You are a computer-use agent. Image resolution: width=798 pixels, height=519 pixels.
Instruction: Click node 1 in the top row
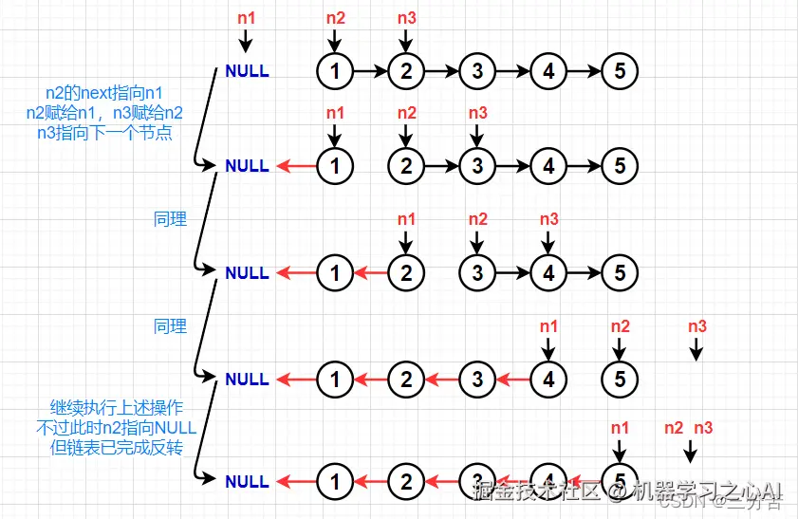coord(334,70)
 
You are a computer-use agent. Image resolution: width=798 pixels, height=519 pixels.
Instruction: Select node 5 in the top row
coord(620,70)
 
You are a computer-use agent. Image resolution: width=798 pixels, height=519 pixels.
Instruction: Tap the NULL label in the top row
coord(247,71)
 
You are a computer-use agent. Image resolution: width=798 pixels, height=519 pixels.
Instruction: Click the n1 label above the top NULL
coord(246,17)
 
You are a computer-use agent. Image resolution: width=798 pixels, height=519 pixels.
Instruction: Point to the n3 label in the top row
coord(406,17)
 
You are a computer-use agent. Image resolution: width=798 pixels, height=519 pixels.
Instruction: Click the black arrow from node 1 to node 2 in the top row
coord(370,70)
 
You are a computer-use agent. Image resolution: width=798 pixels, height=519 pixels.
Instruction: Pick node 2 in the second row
coord(406,166)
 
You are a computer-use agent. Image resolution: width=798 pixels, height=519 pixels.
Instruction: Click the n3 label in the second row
coord(477,113)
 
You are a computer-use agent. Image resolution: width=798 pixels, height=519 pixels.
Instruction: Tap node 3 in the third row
coord(477,273)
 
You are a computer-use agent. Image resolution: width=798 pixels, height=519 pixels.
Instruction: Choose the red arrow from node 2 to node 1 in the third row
coord(370,273)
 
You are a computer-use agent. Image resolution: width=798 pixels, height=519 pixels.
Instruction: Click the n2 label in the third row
coord(477,220)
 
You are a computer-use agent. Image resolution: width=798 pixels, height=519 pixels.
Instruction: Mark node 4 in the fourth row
coord(548,380)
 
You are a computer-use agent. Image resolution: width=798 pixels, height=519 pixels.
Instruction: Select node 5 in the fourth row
coord(620,380)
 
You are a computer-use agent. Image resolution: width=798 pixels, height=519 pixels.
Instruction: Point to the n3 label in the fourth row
coord(696,326)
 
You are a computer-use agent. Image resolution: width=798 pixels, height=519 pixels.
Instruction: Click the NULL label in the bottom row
coord(247,481)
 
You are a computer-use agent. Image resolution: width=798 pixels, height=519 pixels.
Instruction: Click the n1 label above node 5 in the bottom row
coord(620,428)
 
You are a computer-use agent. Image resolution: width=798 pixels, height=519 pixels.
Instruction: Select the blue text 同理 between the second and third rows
coord(170,219)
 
